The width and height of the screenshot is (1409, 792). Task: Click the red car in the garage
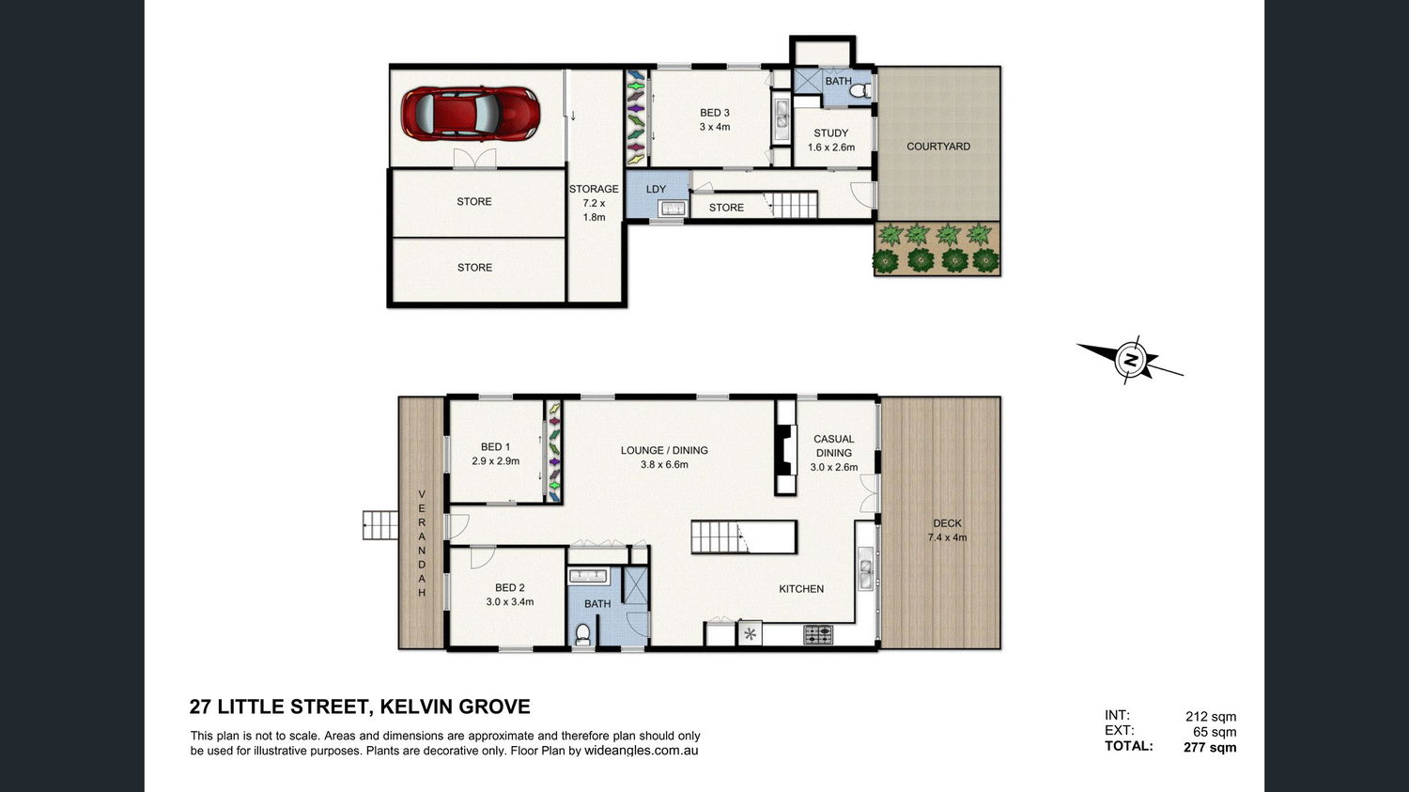(471, 114)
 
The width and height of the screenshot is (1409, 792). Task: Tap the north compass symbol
(1130, 361)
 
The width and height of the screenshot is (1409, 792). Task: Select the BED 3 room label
(715, 119)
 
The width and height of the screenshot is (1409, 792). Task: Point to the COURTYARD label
(937, 147)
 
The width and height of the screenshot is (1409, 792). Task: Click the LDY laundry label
(656, 190)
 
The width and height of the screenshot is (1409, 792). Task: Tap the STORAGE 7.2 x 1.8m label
(594, 203)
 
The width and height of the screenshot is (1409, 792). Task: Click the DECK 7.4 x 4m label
(947, 530)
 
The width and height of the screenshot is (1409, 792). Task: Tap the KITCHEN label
(801, 589)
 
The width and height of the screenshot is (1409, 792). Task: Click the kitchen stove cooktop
(818, 634)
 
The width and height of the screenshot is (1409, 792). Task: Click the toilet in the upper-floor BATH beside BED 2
(583, 633)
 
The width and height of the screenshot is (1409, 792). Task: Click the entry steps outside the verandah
(380, 525)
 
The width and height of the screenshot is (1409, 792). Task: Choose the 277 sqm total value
(1210, 747)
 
